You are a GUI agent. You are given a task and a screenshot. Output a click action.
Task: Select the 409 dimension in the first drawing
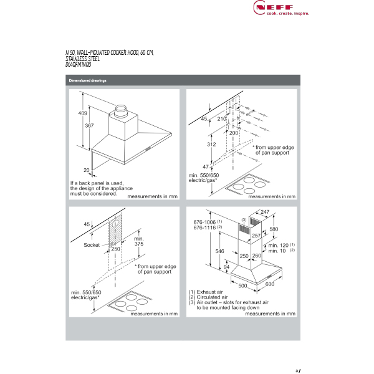pos(82,113)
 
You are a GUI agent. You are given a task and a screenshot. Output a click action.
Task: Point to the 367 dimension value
pos(89,126)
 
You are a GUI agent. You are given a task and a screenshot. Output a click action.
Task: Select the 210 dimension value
pos(221,118)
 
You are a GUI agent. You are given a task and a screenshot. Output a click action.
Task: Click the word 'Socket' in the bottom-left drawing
pos(92,245)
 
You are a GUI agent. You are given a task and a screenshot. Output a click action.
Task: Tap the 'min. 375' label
pos(138,242)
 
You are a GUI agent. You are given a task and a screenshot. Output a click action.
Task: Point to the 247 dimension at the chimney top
pos(264,212)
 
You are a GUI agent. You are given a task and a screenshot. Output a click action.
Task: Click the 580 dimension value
pos(273,229)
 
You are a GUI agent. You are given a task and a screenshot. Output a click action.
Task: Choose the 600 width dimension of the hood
pos(269,284)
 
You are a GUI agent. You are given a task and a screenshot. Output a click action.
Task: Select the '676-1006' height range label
pos(204,223)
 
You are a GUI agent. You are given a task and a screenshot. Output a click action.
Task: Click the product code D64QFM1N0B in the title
pos(78,64)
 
